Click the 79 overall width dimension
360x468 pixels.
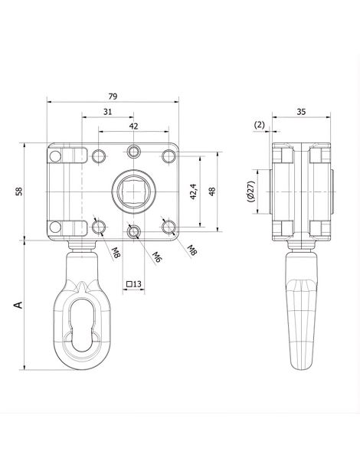(x=113, y=97)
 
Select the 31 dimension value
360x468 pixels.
(x=108, y=112)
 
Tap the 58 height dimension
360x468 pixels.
(x=19, y=191)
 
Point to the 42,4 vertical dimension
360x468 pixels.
(x=193, y=191)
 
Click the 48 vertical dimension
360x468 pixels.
(x=212, y=191)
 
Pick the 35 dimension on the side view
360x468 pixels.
(x=301, y=112)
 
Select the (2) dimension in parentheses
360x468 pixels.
(x=260, y=125)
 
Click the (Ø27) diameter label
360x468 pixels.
(x=251, y=191)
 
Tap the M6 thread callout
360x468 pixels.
(x=157, y=257)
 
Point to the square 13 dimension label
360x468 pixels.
(x=133, y=284)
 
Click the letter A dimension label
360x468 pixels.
(x=18, y=305)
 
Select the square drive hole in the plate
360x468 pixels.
(x=133, y=191)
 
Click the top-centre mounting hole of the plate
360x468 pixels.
(x=133, y=152)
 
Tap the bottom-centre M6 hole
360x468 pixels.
(x=133, y=231)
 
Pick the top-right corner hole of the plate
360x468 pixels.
(x=169, y=155)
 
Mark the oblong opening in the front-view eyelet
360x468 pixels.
(x=82, y=325)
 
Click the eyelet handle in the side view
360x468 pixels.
(x=302, y=310)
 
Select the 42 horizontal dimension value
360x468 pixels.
(x=133, y=126)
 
